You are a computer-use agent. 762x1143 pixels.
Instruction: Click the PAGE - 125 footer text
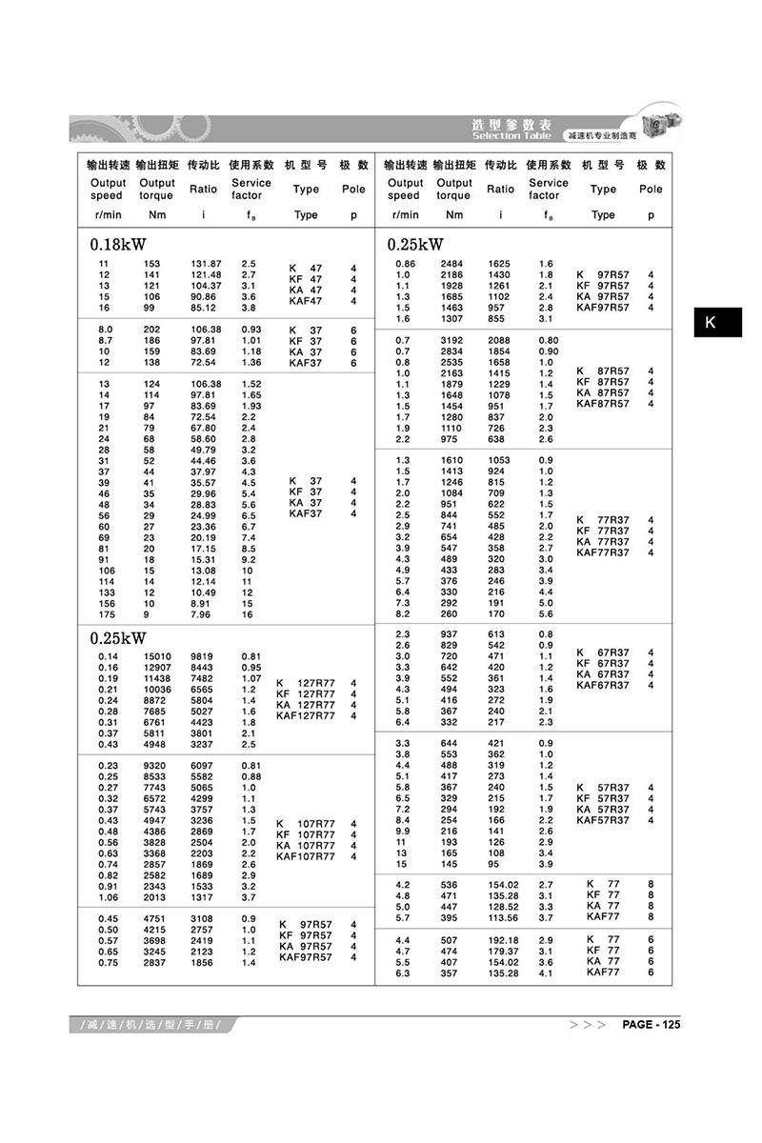coord(652,1025)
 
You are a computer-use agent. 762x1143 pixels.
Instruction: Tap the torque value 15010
coord(157,656)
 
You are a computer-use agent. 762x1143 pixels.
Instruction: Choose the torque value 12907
coord(157,668)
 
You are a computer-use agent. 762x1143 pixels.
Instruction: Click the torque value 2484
coord(453,263)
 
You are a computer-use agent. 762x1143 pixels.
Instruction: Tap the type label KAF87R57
coord(603,404)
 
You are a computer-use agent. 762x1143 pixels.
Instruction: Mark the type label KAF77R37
coord(603,552)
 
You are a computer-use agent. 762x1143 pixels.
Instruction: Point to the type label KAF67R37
coord(603,685)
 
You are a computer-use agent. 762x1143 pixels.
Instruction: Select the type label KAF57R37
coord(603,820)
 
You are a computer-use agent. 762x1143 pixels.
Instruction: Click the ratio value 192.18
coord(503,940)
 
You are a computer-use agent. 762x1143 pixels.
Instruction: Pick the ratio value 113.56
coord(503,918)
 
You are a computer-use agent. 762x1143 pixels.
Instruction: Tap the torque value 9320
coord(157,767)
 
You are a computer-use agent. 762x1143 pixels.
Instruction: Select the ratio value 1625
coord(499,263)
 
